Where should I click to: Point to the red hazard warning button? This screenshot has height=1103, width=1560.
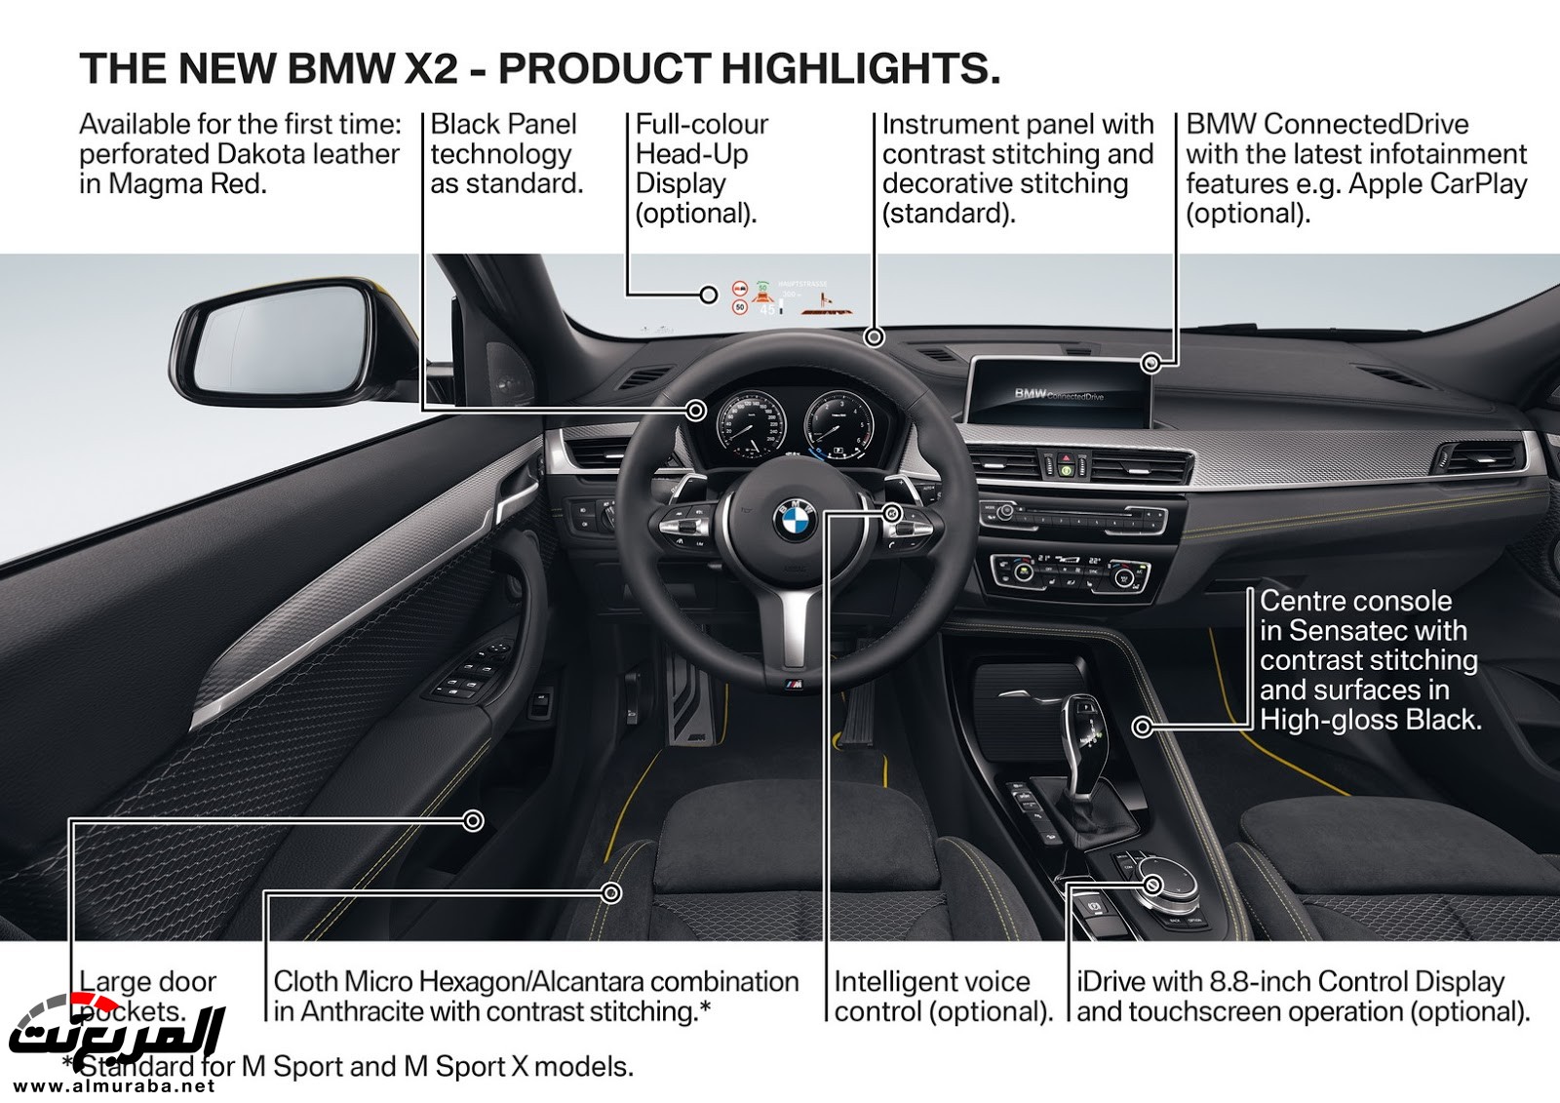click(1067, 455)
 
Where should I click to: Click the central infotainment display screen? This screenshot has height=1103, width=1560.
click(1063, 386)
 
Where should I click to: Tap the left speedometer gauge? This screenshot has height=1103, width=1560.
click(750, 428)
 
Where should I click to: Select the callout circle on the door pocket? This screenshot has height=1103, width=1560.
click(474, 821)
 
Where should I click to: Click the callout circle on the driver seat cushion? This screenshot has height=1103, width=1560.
click(612, 892)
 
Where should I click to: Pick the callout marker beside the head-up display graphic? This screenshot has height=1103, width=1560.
click(710, 294)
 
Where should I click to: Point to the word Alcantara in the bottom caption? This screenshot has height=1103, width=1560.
click(588, 981)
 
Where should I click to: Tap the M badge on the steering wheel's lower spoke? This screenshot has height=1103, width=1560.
click(795, 687)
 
